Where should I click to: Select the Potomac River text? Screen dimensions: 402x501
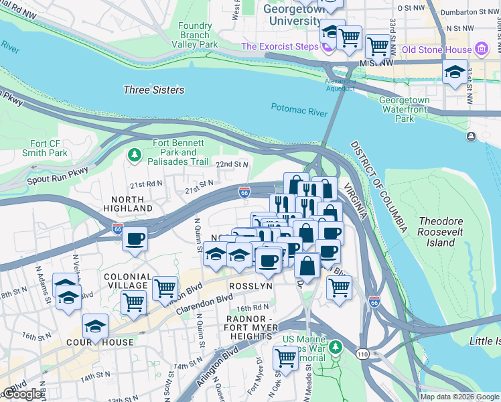coord(299,109)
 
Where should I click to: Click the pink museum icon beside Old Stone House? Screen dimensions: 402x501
coord(481,49)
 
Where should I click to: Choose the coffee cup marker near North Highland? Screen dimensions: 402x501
coord(135,239)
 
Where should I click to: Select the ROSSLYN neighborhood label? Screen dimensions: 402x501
coord(251,285)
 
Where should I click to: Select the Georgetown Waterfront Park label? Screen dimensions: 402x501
coord(405,109)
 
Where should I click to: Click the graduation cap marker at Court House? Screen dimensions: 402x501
coord(96,328)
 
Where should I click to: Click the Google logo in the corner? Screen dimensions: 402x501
coord(22,394)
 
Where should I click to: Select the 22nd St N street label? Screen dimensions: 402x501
coord(232,164)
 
